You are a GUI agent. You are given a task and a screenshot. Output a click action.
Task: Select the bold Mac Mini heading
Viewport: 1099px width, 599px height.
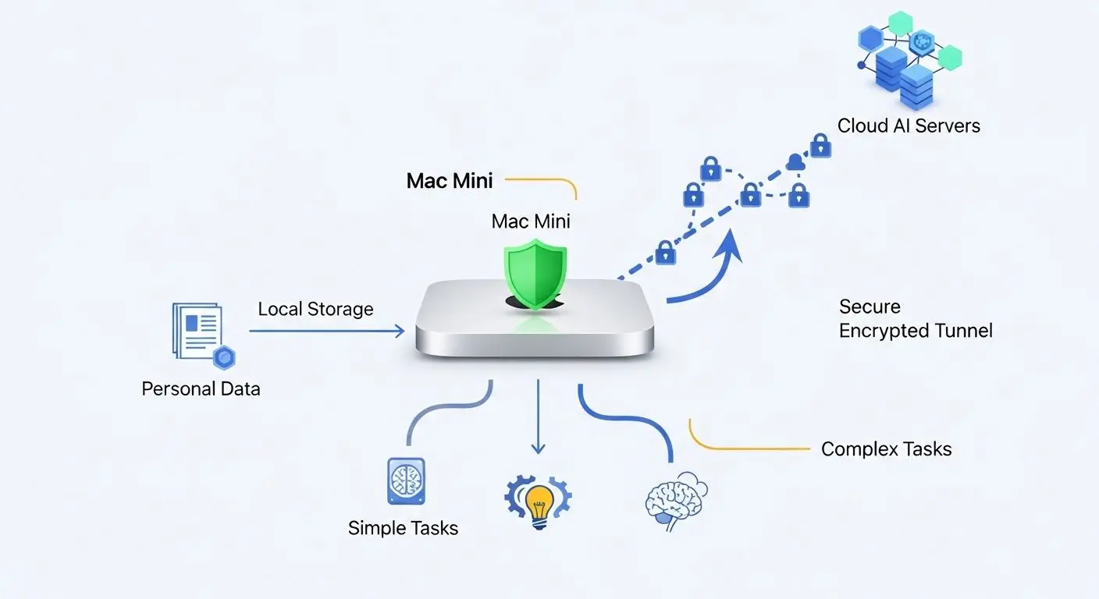450,181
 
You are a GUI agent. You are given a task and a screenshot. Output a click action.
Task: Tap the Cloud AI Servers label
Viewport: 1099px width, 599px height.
909,126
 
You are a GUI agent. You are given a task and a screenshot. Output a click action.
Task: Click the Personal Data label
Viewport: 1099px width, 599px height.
201,388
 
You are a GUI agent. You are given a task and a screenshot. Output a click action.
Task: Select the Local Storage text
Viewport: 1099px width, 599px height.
315,309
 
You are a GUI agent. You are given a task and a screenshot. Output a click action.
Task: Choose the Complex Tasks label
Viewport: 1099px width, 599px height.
886,449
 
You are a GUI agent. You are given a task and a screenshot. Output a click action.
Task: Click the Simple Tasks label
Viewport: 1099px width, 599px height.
403,528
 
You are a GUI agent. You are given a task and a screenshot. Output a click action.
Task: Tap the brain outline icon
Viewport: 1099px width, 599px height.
675,499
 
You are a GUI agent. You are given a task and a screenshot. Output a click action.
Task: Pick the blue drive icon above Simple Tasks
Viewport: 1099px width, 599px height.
406,481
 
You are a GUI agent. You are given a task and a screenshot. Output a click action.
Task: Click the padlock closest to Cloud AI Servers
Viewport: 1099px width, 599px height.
820,146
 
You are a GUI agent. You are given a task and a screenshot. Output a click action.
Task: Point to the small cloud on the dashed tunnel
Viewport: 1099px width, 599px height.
795,162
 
